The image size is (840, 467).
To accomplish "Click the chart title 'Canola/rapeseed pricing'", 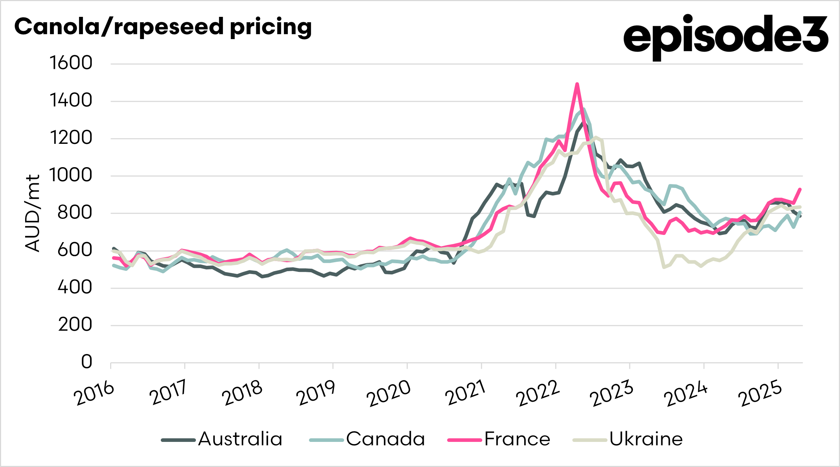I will (163, 27).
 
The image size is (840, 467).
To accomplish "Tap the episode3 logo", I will (726, 36).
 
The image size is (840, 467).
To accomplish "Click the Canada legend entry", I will (367, 439).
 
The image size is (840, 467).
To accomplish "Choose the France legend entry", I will (499, 439).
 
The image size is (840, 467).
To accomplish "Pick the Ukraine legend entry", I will (628, 439).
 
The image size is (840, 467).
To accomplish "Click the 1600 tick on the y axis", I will (71, 63).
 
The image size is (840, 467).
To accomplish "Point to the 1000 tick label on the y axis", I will (71, 175).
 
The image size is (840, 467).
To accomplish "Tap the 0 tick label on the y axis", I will (86, 362).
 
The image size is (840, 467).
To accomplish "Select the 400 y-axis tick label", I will (75, 287).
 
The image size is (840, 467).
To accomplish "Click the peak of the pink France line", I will (577, 84).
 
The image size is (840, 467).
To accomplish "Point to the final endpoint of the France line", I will (800, 189).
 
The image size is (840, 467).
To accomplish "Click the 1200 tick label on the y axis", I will (71, 138).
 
